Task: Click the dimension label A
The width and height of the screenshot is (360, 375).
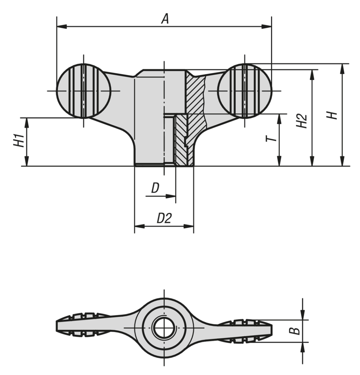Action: (165, 19)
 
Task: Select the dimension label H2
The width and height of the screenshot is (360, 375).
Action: (301, 121)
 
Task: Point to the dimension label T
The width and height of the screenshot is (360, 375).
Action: (270, 138)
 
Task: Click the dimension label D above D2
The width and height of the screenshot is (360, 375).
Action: (155, 188)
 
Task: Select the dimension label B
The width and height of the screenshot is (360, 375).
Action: (294, 331)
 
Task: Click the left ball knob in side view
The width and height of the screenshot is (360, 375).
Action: (84, 91)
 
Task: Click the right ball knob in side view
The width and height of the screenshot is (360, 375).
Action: (244, 91)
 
